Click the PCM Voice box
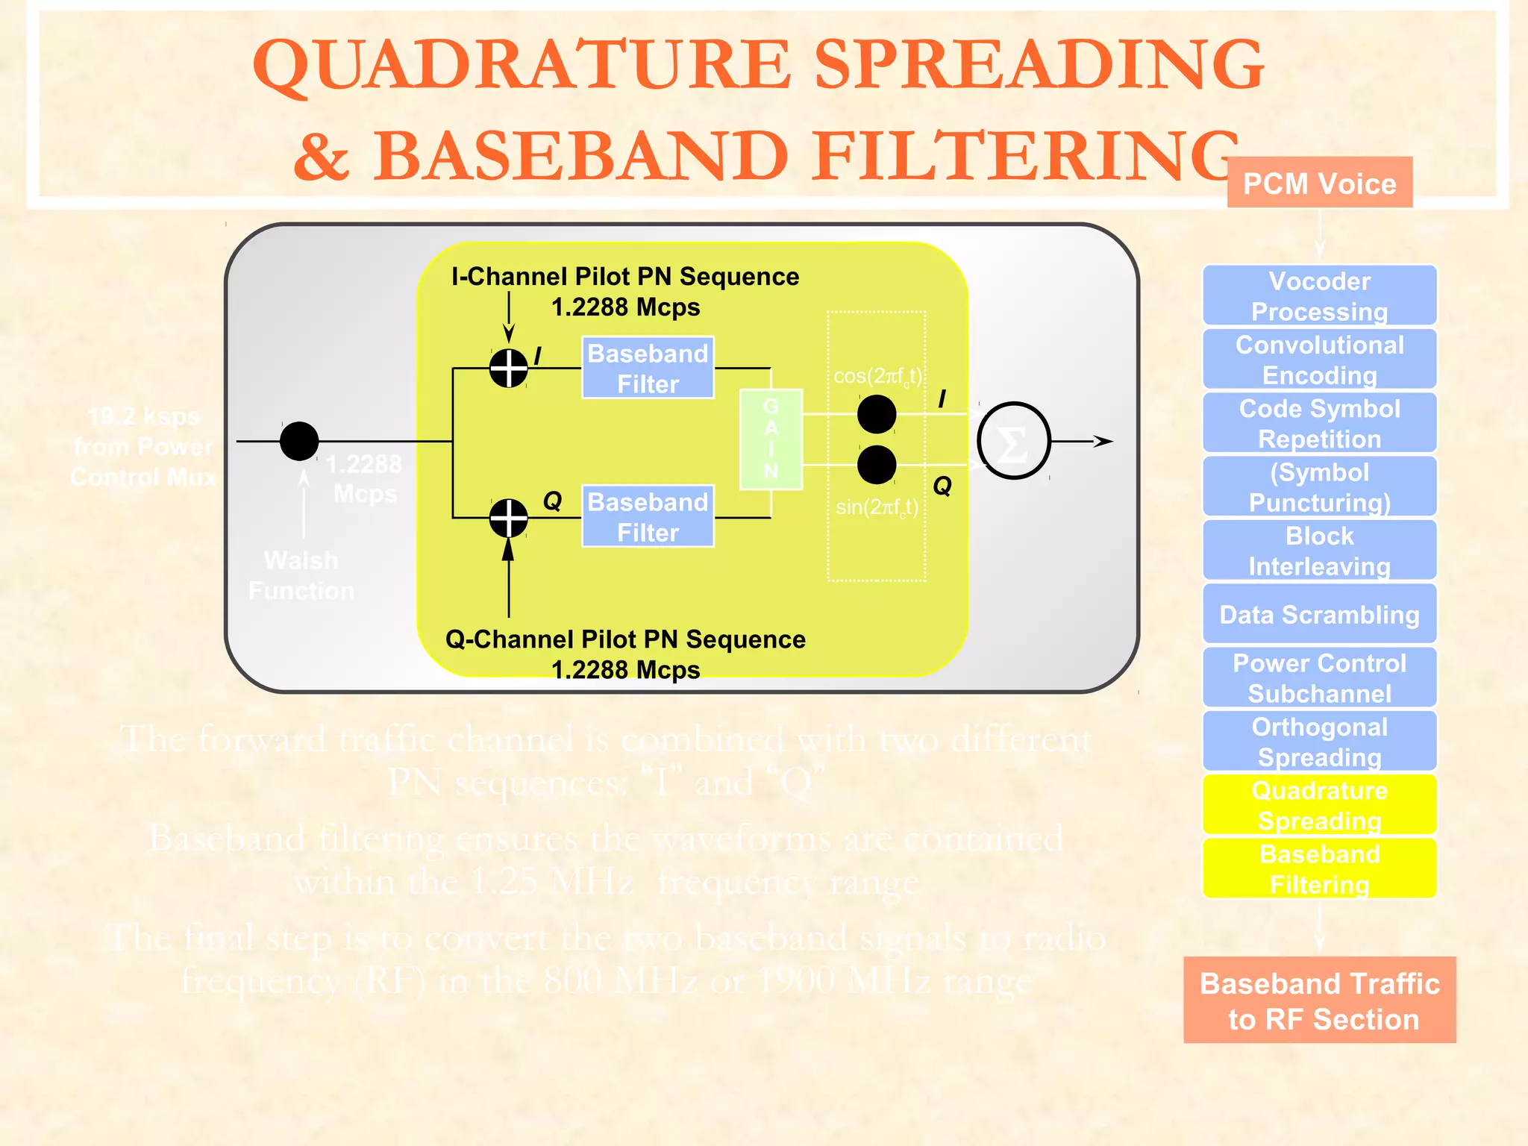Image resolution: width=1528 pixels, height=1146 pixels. click(1319, 183)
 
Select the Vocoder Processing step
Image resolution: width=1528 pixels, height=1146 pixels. click(1319, 295)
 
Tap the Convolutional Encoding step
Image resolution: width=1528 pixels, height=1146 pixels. click(1319, 359)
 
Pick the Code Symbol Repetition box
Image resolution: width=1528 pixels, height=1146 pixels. click(1319, 423)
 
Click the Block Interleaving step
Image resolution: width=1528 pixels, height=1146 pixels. click(1319, 550)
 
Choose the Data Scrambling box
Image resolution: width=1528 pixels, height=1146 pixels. click(1319, 614)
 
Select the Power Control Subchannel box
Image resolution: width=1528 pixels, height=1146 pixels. click(1319, 677)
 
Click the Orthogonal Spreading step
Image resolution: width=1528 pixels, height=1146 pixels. click(1319, 741)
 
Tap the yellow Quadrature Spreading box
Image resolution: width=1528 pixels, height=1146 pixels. click(1319, 804)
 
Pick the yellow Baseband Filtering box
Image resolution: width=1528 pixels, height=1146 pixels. click(1319, 868)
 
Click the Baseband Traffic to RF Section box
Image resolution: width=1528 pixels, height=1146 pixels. click(1319, 1001)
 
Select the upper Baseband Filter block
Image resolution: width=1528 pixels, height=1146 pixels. click(648, 368)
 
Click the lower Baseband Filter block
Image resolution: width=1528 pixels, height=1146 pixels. click(648, 516)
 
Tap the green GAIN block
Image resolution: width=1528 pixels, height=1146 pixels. click(771, 439)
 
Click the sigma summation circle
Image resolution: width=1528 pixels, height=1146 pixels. click(1013, 441)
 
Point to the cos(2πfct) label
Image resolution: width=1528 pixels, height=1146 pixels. click(877, 376)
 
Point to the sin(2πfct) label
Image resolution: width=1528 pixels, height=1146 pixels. click(877, 507)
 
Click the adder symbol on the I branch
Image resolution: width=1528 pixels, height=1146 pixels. click(509, 368)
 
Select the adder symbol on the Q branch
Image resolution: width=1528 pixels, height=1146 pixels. click(509, 517)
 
